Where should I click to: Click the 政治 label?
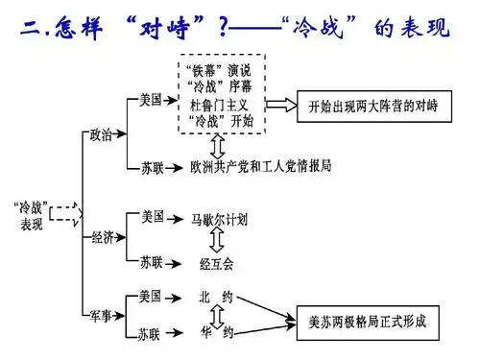click(x=102, y=135)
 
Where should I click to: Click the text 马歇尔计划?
click(x=218, y=218)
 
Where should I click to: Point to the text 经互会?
click(x=215, y=261)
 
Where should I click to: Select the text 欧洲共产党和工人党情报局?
click(x=260, y=166)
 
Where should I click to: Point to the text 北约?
click(x=214, y=297)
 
